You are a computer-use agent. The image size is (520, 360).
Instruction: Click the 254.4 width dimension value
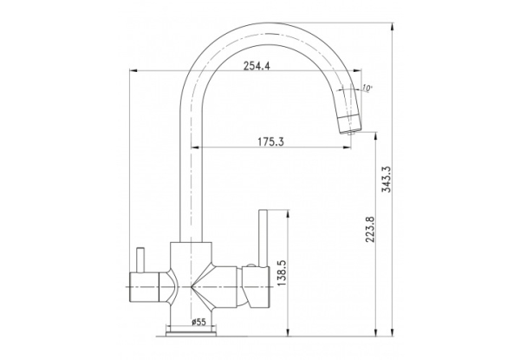pos(257,66)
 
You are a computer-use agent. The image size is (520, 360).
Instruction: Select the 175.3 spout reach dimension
pos(271,142)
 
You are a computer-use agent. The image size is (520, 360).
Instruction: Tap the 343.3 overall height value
pos(387,180)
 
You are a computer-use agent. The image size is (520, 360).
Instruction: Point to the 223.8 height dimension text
pos(370,229)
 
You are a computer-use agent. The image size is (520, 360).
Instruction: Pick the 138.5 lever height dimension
pos(282,273)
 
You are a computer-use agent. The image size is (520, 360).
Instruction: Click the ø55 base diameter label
pos(198,322)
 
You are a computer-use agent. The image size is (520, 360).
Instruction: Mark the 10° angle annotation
pos(367,88)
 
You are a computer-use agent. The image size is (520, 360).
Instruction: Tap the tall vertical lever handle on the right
pos(263,238)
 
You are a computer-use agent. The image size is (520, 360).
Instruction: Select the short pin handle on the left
pos(140,259)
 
